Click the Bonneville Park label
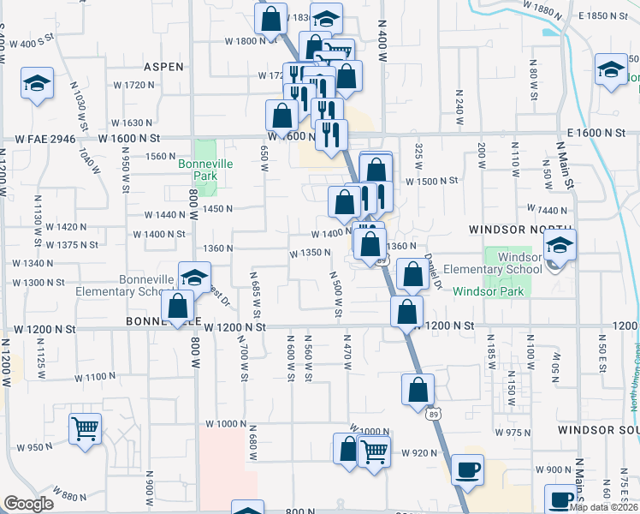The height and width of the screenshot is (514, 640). point(199,169)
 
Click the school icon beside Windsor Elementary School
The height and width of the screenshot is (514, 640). point(560,244)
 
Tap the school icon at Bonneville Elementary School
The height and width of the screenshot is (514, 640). point(195,277)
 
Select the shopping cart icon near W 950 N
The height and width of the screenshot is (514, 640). point(85,427)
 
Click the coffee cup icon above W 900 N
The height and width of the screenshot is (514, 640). point(467,469)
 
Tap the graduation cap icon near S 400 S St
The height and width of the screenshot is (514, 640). point(37,82)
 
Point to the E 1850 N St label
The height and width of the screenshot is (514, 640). point(604,16)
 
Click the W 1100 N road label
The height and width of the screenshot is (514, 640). point(93,376)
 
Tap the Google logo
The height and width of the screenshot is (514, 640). point(28,504)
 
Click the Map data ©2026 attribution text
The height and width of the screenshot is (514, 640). point(603,507)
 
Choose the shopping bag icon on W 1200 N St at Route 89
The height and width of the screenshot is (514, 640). point(406,310)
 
